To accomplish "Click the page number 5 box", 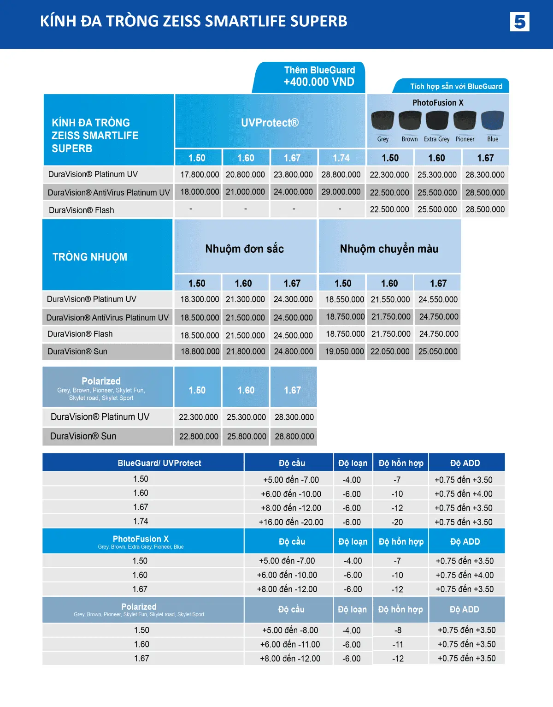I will pyautogui.click(x=519, y=22).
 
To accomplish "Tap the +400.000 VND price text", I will pyautogui.click(x=319, y=82).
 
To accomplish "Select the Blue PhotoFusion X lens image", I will pyautogui.click(x=492, y=121).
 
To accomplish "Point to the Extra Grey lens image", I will pyautogui.click(x=437, y=121).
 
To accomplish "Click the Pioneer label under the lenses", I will pyautogui.click(x=465, y=139).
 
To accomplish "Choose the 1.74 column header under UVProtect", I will pyautogui.click(x=341, y=158).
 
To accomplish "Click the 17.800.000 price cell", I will pyautogui.click(x=200, y=175).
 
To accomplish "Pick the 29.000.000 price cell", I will pyautogui.click(x=341, y=192).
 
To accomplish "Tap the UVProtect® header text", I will pyautogui.click(x=270, y=123).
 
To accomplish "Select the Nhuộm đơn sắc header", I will pyautogui.click(x=245, y=249).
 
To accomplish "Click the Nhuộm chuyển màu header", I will pyautogui.click(x=389, y=249).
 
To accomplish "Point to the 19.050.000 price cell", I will pyautogui.click(x=344, y=351).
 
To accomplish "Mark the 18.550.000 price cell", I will pyautogui.click(x=344, y=299).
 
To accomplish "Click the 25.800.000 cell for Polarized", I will pyautogui.click(x=247, y=436).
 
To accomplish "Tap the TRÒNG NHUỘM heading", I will pyautogui.click(x=90, y=257).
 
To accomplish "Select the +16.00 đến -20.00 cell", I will pyautogui.click(x=291, y=522).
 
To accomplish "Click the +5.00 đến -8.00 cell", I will pyautogui.click(x=290, y=630).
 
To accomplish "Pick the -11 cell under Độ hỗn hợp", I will pyautogui.click(x=398, y=644).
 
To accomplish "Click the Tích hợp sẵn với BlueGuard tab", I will pyautogui.click(x=456, y=86).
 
